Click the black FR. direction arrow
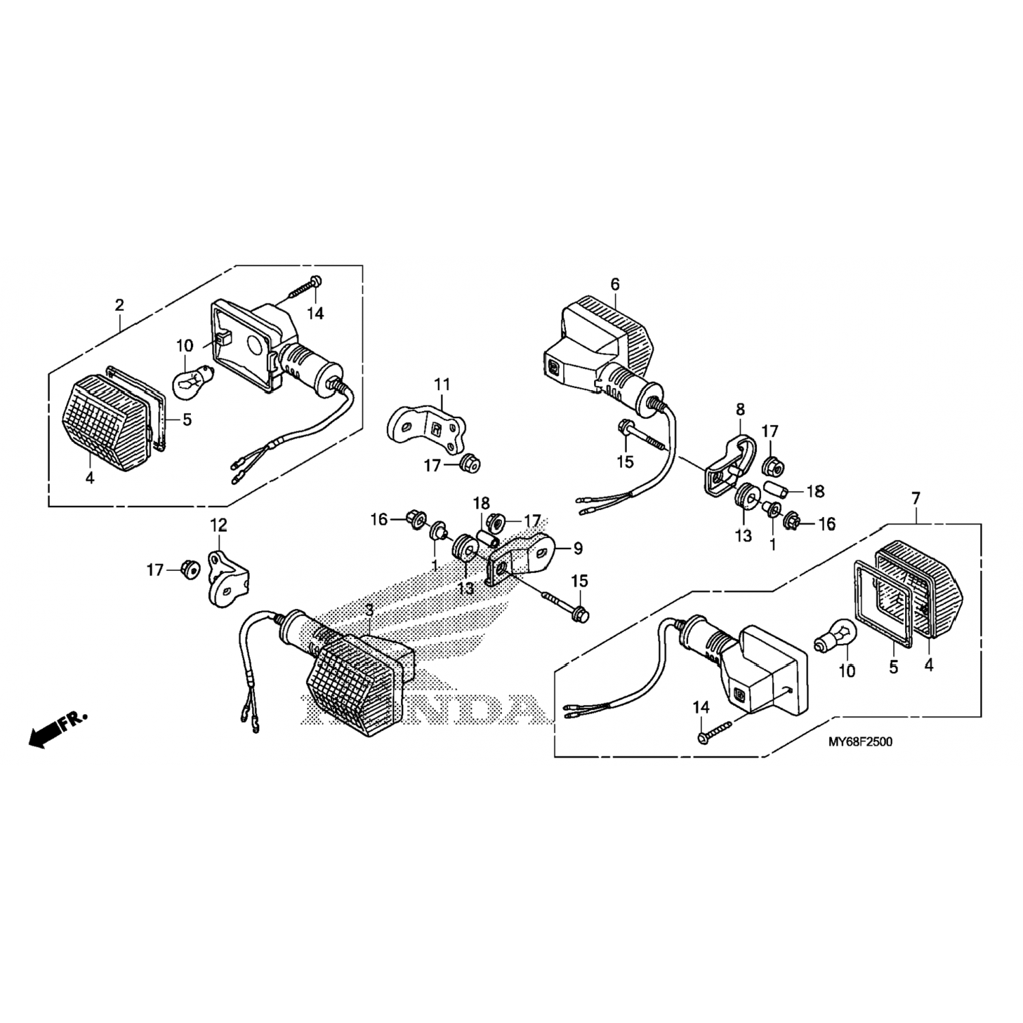[42, 735]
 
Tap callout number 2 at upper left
[119, 305]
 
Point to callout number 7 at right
[915, 499]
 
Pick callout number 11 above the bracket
[443, 385]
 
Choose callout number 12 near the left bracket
[218, 525]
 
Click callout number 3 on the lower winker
[369, 609]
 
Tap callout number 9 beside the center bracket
[578, 547]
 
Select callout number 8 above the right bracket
[740, 409]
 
